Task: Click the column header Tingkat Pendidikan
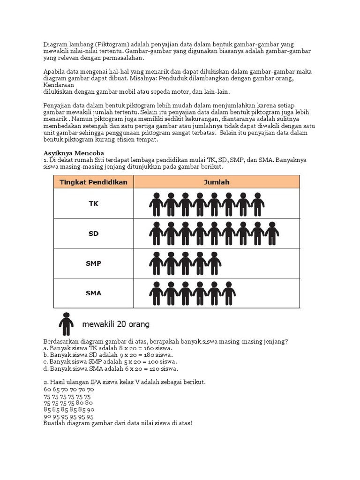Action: click(93, 182)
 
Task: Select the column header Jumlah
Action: click(216, 182)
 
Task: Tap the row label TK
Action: click(93, 203)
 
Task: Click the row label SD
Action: click(93, 233)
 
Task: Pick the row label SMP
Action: click(93, 263)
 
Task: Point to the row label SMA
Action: click(93, 293)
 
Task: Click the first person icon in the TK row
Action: click(156, 203)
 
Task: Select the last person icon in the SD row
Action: click(271, 233)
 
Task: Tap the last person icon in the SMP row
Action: click(214, 263)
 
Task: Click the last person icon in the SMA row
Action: click(229, 293)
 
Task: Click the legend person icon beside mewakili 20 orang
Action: click(66, 323)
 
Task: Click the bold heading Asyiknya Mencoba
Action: click(73, 153)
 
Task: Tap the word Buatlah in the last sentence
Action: click(54, 423)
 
